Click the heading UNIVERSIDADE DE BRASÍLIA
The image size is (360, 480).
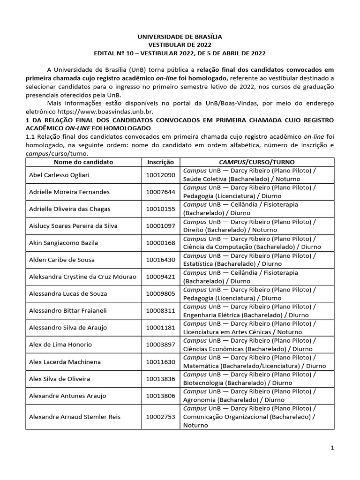[x=180, y=36]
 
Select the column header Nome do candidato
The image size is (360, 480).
[x=83, y=162]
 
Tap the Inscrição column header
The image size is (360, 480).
[x=160, y=162]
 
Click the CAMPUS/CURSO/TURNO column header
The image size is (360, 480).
[x=256, y=162]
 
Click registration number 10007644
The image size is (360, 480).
[x=160, y=192]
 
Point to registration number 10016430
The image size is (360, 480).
[x=160, y=260]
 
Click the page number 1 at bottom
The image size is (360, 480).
[x=332, y=448]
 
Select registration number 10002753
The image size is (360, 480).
[x=160, y=417]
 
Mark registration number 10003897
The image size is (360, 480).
[x=160, y=345]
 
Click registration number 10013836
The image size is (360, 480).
[x=160, y=379]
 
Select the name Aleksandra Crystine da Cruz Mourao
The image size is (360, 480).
[x=82, y=277]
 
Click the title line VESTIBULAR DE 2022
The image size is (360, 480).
[x=180, y=45]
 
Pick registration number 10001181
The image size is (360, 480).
[x=160, y=328]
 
